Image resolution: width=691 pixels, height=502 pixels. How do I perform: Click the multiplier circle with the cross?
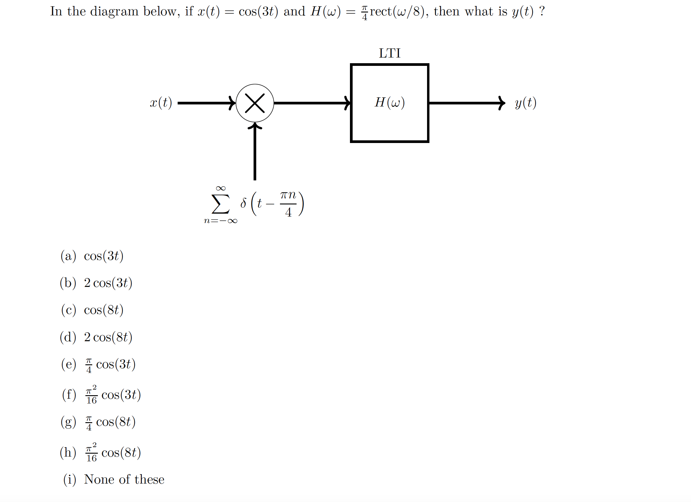[x=255, y=103]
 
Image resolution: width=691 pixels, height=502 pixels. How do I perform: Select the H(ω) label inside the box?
[x=389, y=102]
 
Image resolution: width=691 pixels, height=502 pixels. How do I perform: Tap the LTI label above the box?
[x=389, y=53]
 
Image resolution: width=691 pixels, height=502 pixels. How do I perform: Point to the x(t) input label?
[x=161, y=103]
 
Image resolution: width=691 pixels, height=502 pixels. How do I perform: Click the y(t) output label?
[x=526, y=103]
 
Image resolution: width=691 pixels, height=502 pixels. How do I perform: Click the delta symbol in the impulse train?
[x=243, y=203]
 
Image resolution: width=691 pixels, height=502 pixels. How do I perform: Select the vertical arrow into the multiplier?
[x=255, y=152]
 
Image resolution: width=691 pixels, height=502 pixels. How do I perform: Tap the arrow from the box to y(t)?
[x=466, y=103]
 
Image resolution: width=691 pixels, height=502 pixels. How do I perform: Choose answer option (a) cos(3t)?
[x=104, y=256]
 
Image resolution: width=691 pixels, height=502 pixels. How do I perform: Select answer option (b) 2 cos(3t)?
[x=108, y=283]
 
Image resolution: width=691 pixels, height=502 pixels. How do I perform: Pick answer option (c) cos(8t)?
[x=104, y=310]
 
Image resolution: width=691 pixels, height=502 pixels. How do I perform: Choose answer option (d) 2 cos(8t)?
[x=108, y=337]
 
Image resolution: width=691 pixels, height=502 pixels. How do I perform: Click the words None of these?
[x=124, y=480]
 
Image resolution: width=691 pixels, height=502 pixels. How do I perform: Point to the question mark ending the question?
[x=542, y=11]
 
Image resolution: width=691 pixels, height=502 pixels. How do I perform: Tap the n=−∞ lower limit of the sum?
[x=220, y=221]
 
